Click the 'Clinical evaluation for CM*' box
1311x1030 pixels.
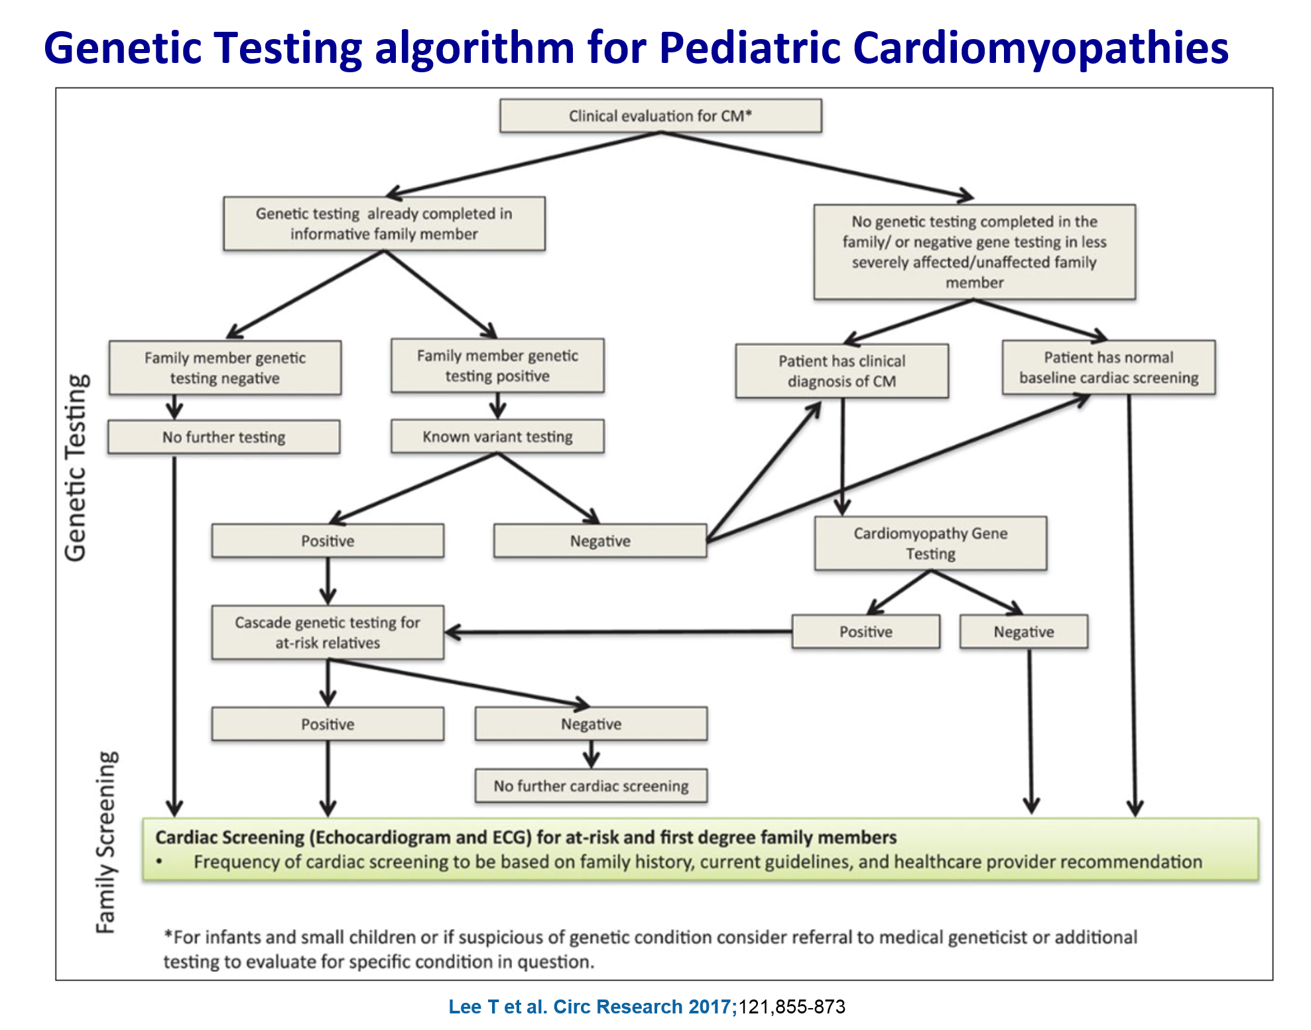pos(660,116)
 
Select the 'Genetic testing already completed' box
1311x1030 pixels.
pos(384,223)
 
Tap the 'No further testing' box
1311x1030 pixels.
pos(224,437)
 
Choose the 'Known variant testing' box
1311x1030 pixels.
pos(497,436)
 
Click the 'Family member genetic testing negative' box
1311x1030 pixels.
pos(225,368)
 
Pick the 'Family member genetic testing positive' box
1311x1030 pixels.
pos(497,366)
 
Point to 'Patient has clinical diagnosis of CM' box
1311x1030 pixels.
pos(842,371)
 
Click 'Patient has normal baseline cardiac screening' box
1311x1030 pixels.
pos(1109,368)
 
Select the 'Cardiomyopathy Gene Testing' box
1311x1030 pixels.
pos(930,544)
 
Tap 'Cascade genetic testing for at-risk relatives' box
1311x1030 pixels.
pos(328,632)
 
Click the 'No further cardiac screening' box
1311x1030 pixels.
pos(591,786)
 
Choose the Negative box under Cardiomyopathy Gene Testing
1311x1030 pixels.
pos(1023,632)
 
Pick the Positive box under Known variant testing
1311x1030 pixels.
pos(328,541)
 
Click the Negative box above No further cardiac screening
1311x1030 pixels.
pos(591,724)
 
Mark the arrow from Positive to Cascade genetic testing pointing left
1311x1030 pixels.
pos(617,632)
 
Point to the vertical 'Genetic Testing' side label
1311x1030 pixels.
pos(76,468)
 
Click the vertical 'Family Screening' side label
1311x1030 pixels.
pos(106,842)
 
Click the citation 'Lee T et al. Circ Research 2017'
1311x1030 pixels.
pos(592,1007)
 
